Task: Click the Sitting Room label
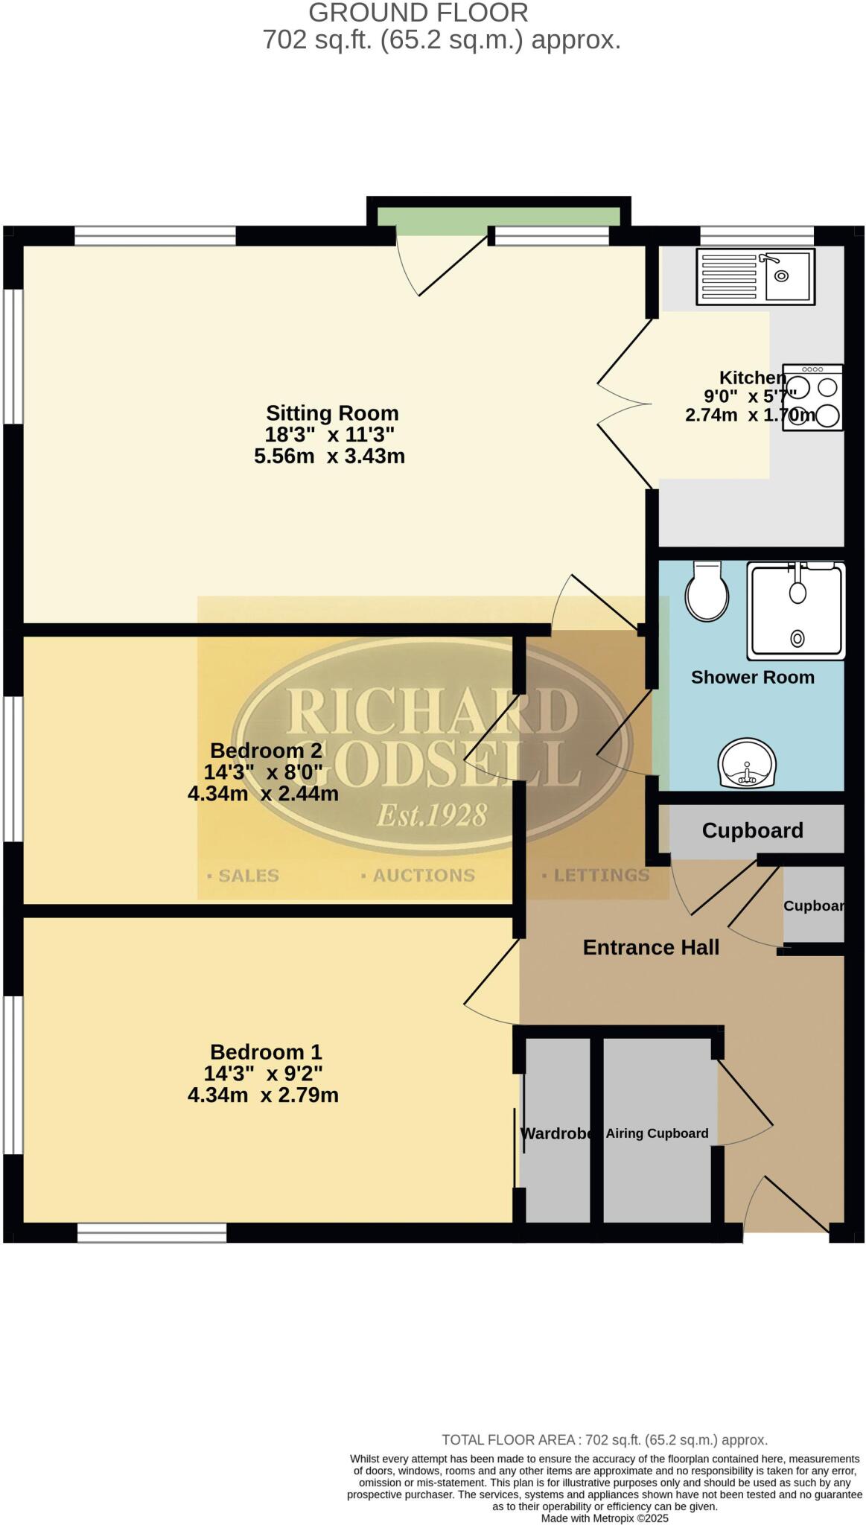click(332, 413)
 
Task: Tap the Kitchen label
click(752, 378)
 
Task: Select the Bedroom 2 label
click(266, 750)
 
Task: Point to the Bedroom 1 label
click(266, 1051)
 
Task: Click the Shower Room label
click(752, 677)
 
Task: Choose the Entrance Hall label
click(651, 947)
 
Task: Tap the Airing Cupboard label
click(657, 1133)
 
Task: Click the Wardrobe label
click(558, 1133)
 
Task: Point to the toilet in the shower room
click(706, 591)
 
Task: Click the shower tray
click(797, 611)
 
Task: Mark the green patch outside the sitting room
click(498, 216)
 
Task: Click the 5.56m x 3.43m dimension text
click(329, 456)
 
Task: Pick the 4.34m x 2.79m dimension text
click(263, 1095)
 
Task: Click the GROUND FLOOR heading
click(418, 13)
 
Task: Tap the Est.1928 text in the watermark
click(432, 815)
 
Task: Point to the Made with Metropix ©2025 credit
click(605, 1518)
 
